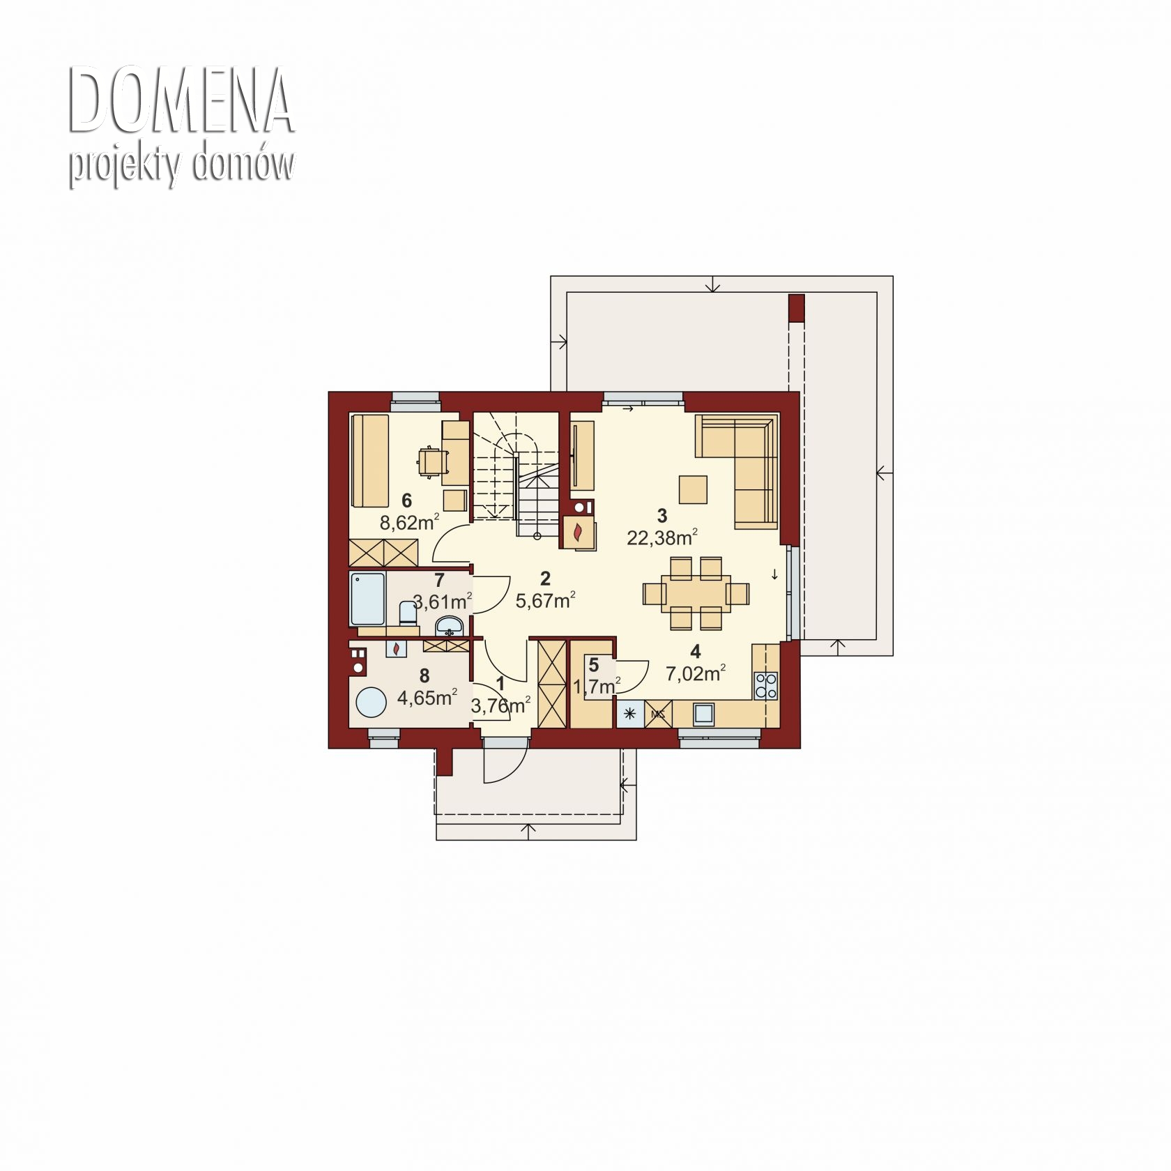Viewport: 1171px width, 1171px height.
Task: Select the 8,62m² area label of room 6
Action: [409, 522]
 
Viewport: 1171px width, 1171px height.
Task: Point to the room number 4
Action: [695, 651]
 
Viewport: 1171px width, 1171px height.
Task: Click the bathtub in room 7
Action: [367, 599]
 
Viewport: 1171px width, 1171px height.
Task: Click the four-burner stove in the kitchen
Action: [766, 685]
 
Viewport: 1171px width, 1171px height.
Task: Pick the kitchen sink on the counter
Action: [703, 713]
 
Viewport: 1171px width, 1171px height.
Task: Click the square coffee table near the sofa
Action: [694, 489]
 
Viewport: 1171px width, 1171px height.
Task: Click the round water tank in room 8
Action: [371, 702]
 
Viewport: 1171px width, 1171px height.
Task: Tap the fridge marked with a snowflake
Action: [630, 714]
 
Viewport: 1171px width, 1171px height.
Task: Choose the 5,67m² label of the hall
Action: [545, 599]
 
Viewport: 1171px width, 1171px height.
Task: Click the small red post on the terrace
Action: [796, 308]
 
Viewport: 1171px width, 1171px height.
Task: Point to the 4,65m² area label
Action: [427, 697]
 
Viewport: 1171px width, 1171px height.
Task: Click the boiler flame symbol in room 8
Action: [396, 649]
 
